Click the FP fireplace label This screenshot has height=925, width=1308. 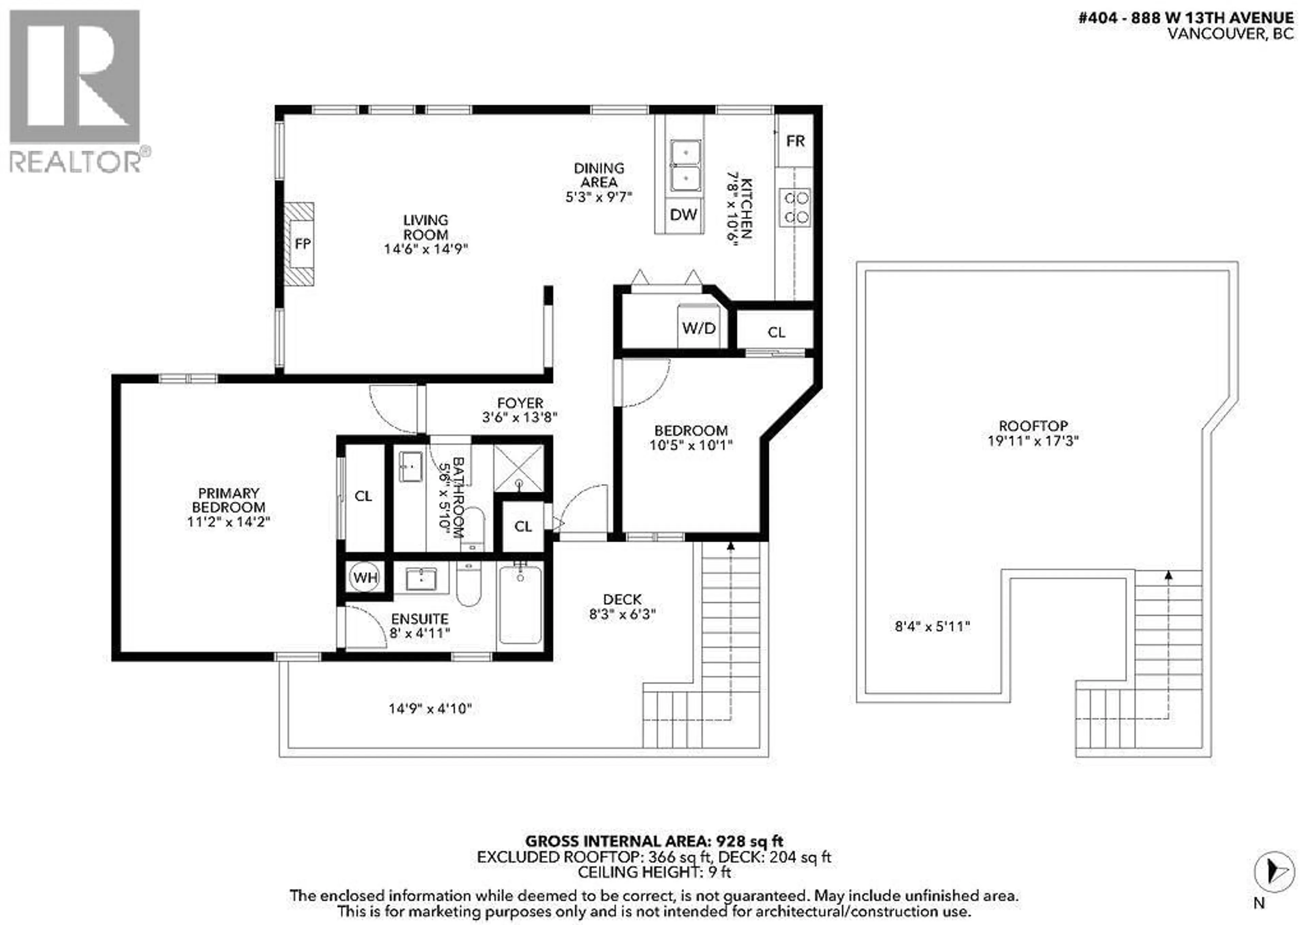coord(302,244)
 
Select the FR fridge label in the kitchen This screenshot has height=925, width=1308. coord(795,141)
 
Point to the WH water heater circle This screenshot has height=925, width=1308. coord(365,577)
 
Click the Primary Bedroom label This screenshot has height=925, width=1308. coord(229,500)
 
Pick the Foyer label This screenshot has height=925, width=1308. coord(519,403)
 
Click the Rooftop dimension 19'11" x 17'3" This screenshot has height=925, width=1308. coord(1033,441)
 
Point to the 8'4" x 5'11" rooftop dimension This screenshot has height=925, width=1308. coord(932,627)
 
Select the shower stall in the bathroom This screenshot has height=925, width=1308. coord(518,468)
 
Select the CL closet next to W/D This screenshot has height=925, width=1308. coord(776,332)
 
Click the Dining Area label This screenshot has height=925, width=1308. coord(599,175)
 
